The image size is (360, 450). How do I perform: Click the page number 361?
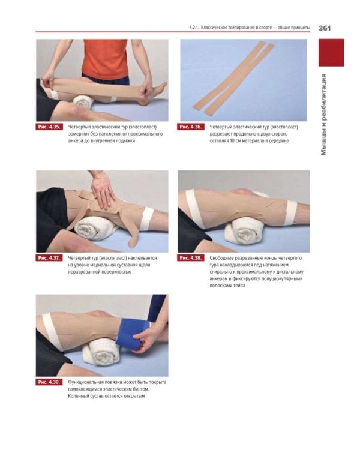coord(325,28)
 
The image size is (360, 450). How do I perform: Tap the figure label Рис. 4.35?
coord(49,127)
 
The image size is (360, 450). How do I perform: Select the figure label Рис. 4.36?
coord(190,127)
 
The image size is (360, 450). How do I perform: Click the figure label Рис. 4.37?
coord(49,258)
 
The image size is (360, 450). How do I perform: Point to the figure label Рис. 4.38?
coord(190,258)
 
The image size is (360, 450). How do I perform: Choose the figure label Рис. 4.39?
coord(49,382)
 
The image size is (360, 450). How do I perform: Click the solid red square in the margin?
coord(331,53)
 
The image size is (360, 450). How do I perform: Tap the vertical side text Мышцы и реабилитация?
coord(323,115)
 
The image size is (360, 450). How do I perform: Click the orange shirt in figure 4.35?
coord(106,59)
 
